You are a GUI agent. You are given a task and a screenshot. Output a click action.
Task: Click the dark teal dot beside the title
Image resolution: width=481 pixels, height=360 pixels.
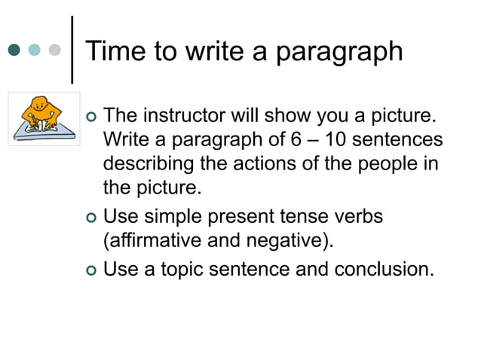click(14, 50)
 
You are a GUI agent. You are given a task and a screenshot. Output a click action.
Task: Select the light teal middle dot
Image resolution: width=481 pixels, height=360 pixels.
click(34, 50)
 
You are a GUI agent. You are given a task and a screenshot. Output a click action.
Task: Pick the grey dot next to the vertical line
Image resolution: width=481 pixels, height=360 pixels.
click(54, 50)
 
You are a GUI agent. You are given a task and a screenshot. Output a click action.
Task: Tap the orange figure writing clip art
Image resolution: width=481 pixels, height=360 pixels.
click(42, 117)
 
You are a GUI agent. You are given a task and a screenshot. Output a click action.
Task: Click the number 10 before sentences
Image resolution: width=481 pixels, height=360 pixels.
click(342, 140)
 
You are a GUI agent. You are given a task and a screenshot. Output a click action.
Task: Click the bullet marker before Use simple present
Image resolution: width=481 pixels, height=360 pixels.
click(92, 218)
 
